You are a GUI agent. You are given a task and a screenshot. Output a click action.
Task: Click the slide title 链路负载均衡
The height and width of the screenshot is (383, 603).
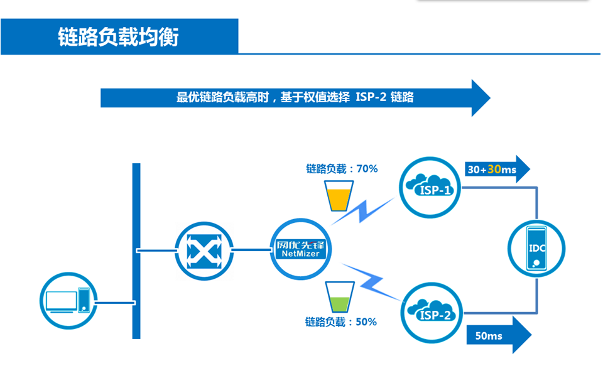click(x=119, y=37)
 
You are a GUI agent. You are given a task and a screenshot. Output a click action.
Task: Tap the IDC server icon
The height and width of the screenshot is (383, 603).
click(x=538, y=249)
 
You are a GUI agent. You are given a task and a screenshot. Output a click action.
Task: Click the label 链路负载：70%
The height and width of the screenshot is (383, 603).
click(x=342, y=168)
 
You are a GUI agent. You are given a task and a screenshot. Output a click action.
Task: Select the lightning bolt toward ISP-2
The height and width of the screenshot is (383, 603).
click(x=372, y=280)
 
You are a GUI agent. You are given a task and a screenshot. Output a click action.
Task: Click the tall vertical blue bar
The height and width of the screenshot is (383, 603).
click(x=136, y=251)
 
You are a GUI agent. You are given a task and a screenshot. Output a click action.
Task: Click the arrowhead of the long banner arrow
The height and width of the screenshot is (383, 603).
click(x=479, y=97)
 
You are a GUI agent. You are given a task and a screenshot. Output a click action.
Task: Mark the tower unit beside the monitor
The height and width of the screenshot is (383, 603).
click(x=84, y=299)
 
